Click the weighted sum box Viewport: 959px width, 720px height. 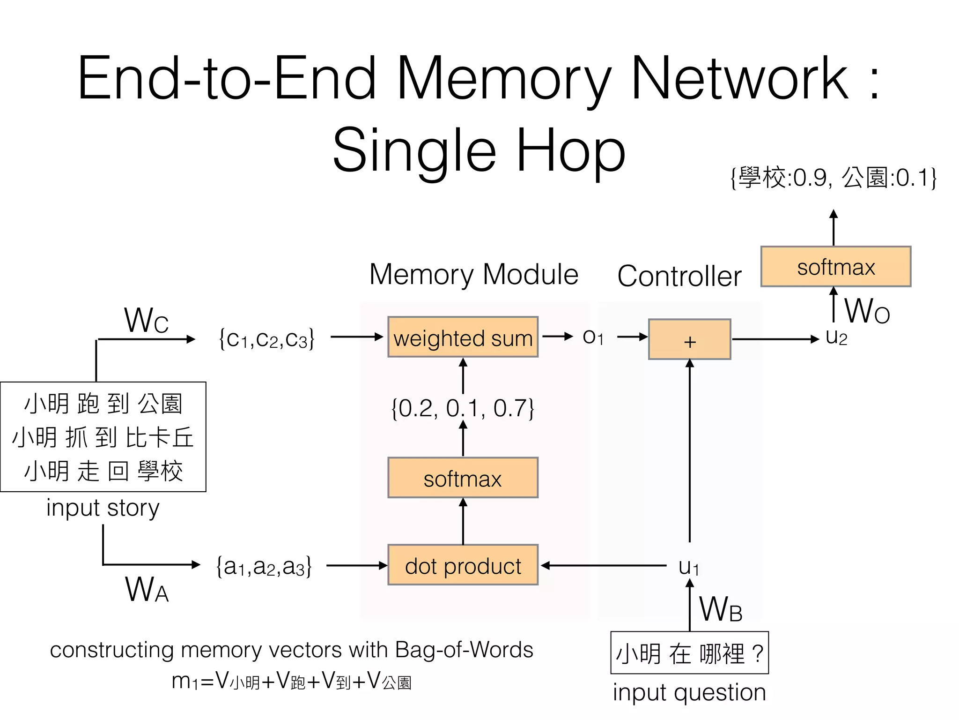[x=463, y=337]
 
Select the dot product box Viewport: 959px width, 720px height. [x=463, y=565]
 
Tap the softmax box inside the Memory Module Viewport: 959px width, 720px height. [x=463, y=478]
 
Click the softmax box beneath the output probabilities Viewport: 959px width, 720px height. [x=835, y=267]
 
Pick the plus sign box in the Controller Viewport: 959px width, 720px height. [x=689, y=340]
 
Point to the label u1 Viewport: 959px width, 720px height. [x=689, y=567]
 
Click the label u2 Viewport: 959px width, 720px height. [x=836, y=337]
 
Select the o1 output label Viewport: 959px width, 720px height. [x=593, y=337]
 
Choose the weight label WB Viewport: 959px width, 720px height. [x=721, y=609]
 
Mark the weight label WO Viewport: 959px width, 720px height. [x=867, y=311]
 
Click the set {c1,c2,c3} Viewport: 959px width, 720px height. [x=266, y=338]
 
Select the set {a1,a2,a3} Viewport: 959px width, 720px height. [x=264, y=566]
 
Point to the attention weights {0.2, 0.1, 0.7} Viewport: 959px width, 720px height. [x=463, y=408]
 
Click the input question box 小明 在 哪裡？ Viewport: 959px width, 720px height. [x=689, y=653]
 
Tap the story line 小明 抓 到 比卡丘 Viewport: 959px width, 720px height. [x=103, y=437]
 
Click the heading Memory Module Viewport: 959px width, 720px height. [x=474, y=274]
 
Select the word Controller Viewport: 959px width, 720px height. [x=679, y=276]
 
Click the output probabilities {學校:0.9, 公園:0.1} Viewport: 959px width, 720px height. [x=834, y=178]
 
